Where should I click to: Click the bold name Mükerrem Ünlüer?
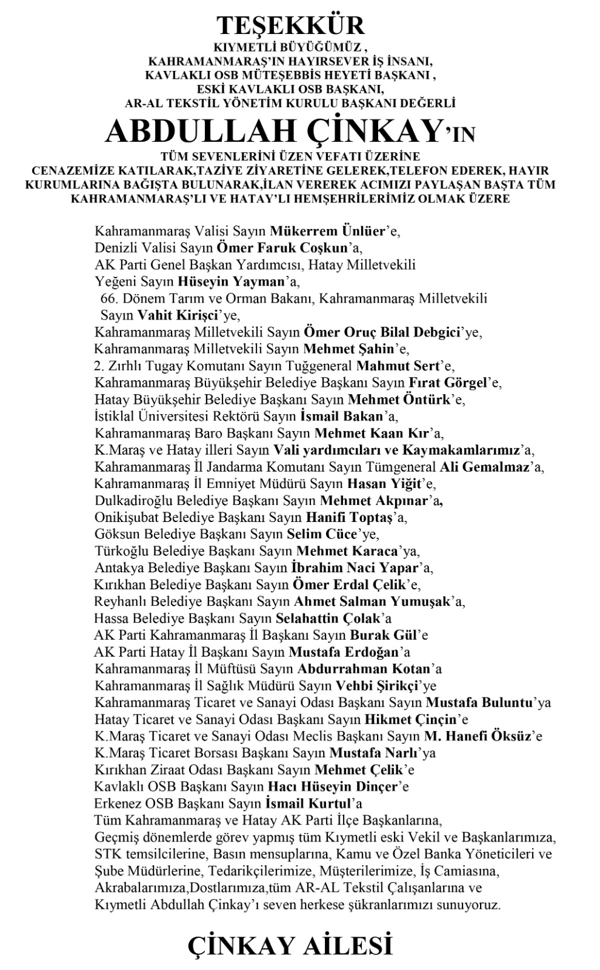[328, 231]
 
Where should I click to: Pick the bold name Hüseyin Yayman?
[231, 282]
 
